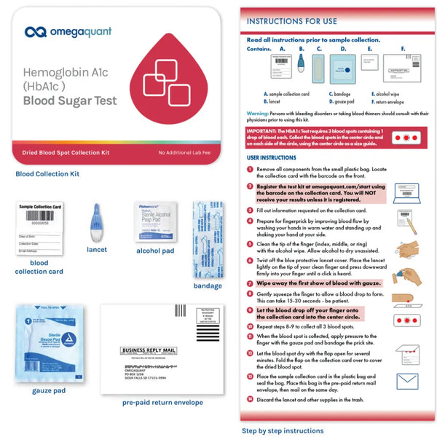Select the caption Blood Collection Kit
click(x=47, y=173)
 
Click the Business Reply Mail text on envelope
click(x=150, y=350)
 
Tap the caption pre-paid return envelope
click(x=162, y=402)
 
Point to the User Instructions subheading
click(x=271, y=157)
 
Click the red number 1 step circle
click(x=251, y=169)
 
